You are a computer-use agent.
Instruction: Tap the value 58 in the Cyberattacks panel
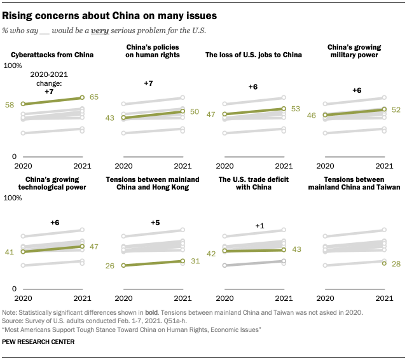[10, 104]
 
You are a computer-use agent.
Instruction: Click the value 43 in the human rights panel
[109, 118]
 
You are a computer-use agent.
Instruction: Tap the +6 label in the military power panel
[357, 91]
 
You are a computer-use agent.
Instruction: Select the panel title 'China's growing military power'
[354, 50]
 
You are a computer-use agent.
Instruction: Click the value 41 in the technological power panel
[10, 252]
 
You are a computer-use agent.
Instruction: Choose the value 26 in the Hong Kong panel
[109, 265]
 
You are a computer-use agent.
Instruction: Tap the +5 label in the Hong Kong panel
[155, 223]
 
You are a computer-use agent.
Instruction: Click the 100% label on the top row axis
[13, 66]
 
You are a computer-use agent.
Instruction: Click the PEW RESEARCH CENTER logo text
[39, 342]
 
